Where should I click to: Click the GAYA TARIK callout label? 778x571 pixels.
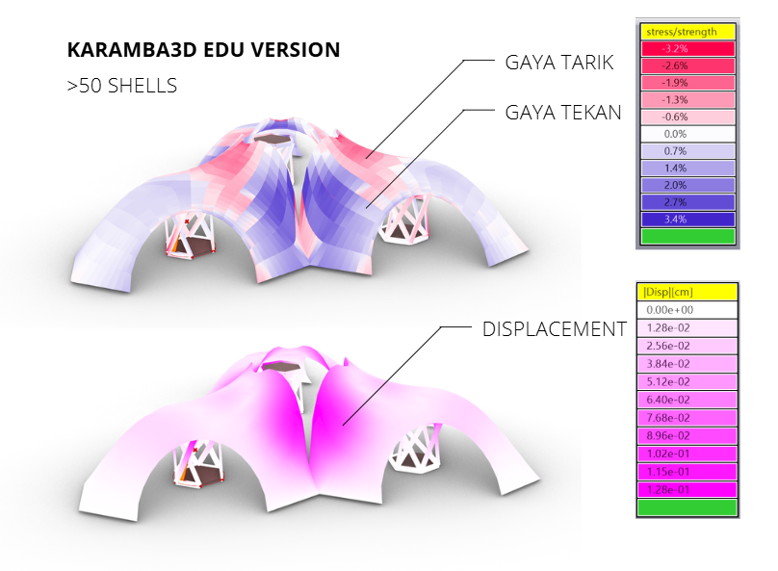click(559, 63)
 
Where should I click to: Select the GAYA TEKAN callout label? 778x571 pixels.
click(563, 113)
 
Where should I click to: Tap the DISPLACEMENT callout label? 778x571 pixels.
click(555, 329)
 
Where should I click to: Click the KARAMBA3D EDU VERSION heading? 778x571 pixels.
click(203, 50)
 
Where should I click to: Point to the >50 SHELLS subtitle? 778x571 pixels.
click(122, 86)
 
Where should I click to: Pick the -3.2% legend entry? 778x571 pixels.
click(687, 48)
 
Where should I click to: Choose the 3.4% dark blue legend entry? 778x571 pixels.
click(687, 219)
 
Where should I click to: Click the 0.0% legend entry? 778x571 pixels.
click(687, 134)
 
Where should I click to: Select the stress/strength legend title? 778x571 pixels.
click(687, 32)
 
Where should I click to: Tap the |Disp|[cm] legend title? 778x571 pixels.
click(687, 292)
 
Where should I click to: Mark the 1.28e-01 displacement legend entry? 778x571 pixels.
click(687, 490)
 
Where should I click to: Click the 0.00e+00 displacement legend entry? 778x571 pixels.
click(687, 310)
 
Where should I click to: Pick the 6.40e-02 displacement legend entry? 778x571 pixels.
click(687, 400)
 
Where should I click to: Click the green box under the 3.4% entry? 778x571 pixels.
click(687, 236)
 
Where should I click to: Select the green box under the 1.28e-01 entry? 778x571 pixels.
click(687, 507)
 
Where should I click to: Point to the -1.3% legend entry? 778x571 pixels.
click(687, 100)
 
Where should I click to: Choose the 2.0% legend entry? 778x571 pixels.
click(687, 185)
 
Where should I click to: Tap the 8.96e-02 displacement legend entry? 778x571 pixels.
click(687, 435)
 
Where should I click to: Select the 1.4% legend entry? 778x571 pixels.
click(687, 169)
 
